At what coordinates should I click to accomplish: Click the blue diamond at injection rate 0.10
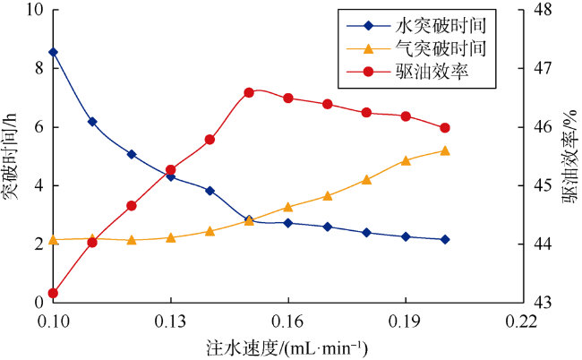(53, 52)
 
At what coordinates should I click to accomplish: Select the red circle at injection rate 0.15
(249, 92)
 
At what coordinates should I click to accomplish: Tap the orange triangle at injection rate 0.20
(445, 150)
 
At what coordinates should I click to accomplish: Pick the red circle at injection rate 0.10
(53, 293)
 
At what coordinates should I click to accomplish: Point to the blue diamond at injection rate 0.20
(445, 240)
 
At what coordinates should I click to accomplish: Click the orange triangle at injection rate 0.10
(53, 239)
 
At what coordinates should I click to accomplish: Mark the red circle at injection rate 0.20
(445, 128)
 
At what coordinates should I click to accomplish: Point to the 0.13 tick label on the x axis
(170, 321)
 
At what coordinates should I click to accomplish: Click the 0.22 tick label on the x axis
(523, 321)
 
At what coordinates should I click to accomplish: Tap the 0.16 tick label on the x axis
(288, 321)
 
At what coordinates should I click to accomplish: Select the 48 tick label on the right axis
(542, 10)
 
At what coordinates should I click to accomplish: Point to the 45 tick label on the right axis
(542, 186)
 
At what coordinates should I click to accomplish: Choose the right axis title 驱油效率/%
(570, 157)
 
